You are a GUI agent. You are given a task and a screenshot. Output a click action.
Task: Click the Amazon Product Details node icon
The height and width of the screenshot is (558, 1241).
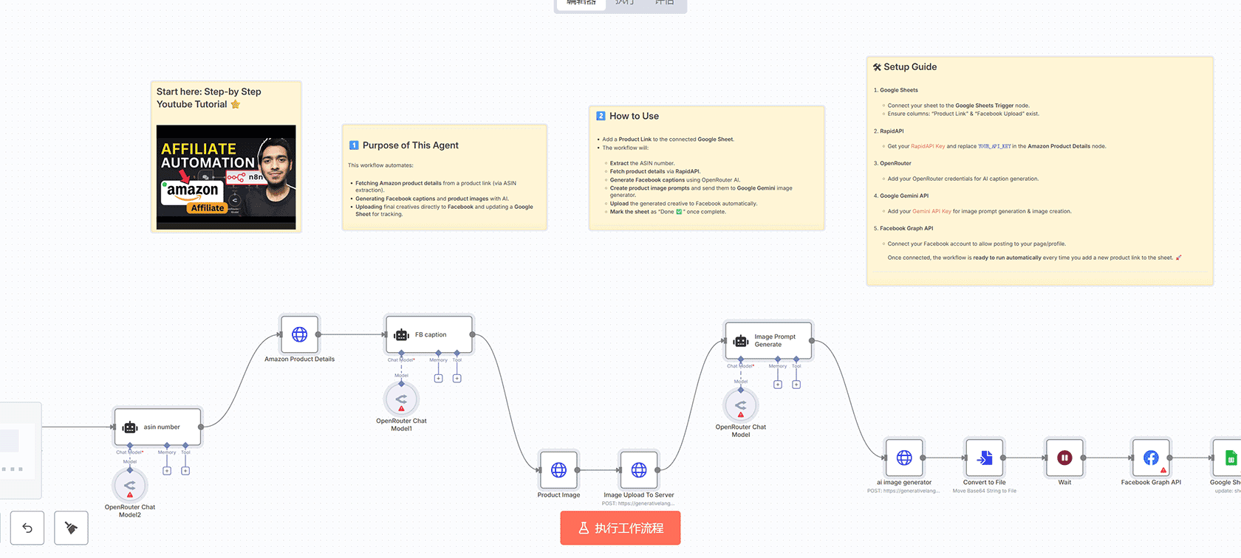pos(299,334)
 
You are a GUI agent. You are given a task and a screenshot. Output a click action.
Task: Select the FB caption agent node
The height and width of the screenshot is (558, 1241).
pos(429,335)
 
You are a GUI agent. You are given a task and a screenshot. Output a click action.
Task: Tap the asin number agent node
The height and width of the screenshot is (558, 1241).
pos(157,427)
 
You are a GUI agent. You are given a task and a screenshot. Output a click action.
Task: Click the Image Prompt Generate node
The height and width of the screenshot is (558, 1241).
pos(768,340)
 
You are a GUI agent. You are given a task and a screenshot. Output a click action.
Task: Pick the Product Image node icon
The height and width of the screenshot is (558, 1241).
pos(558,470)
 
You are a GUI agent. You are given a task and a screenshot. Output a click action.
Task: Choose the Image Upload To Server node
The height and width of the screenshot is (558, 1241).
pos(639,470)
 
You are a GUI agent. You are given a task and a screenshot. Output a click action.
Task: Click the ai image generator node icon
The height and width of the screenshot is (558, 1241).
pos(904,458)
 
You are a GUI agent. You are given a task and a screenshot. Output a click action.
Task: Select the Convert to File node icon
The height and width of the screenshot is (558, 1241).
pos(985,458)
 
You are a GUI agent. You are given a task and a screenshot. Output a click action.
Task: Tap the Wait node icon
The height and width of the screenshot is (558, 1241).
pos(1064,458)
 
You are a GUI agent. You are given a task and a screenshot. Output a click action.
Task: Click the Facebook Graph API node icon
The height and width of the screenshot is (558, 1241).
pos(1151,458)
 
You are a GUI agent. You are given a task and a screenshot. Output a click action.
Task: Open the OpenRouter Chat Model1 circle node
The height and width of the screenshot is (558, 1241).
pos(401,399)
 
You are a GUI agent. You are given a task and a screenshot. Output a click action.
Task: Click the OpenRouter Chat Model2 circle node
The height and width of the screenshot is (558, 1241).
pos(130,486)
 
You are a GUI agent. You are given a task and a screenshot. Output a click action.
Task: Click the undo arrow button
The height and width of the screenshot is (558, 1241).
pos(27,528)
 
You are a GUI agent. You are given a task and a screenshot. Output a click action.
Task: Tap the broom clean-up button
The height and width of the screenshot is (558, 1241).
pos(71,528)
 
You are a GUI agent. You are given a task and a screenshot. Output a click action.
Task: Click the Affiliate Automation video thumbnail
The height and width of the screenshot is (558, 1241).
pos(226,177)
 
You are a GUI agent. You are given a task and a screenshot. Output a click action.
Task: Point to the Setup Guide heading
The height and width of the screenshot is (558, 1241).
pos(910,67)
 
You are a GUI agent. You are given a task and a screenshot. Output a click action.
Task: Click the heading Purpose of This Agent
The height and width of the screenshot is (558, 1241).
pos(410,145)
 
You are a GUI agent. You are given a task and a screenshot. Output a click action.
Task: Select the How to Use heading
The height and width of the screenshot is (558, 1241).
pos(634,116)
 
